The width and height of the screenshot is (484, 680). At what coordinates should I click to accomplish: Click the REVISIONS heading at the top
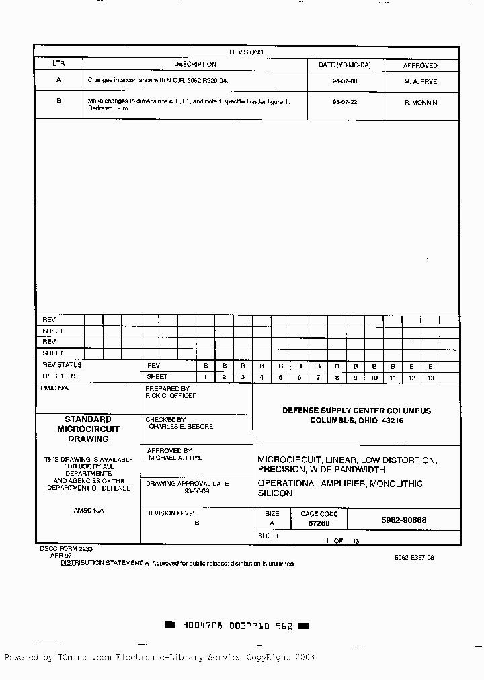coord(246,52)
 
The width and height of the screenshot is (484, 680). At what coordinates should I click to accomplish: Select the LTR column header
coord(58,65)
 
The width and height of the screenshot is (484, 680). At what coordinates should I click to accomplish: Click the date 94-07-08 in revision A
coord(344,81)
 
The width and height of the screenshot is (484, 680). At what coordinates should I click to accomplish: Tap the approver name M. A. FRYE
coord(420,81)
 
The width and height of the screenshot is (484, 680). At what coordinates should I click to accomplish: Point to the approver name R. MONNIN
coord(420,103)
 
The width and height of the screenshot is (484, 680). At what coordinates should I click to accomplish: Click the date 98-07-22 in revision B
coord(344,103)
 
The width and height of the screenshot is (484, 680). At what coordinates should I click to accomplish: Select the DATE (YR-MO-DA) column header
coord(344,65)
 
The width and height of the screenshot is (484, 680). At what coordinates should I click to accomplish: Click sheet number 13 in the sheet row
coord(430,378)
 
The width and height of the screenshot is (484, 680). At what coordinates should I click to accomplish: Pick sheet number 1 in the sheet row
coord(206,378)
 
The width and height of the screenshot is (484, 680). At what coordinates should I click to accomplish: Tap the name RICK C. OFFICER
coord(171,396)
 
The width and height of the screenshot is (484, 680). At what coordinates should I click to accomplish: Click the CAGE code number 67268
coord(319,523)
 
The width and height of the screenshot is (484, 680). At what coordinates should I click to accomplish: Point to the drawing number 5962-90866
coord(403,520)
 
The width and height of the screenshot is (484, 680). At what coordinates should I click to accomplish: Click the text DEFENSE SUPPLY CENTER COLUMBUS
coord(356,411)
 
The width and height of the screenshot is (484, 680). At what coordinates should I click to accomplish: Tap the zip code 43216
coord(393,421)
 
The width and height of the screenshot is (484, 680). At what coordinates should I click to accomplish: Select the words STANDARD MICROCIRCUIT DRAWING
coord(88,429)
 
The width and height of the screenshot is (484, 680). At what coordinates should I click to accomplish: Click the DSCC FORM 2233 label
coord(66,548)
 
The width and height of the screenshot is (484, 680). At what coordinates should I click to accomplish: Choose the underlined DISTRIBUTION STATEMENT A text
coord(104,563)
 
